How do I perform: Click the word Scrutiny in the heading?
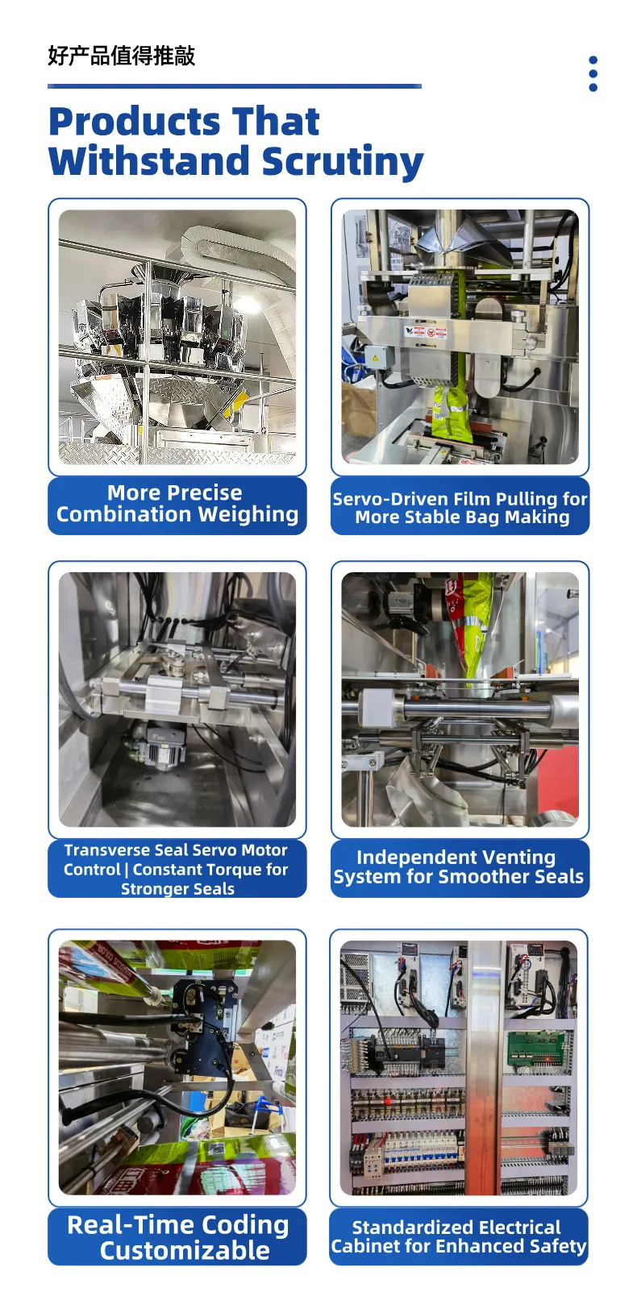342,161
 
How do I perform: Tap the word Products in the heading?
135,122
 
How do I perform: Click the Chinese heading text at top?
122,56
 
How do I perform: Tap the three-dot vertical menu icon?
593,73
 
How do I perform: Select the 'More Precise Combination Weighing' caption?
177,504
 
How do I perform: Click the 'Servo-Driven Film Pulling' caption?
460,508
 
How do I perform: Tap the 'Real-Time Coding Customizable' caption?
178,1237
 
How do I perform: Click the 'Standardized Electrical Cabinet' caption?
459,1236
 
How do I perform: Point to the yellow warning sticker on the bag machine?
373,358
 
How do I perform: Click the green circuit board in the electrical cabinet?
535,1049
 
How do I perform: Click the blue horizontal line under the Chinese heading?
235,86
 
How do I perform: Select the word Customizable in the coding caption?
185,1250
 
